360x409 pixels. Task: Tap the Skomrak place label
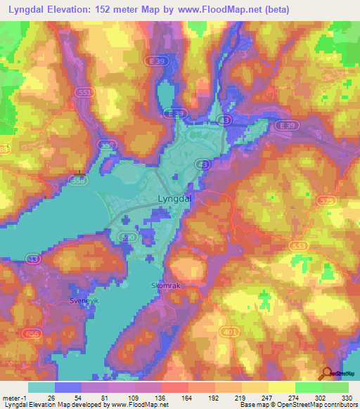tap(166, 285)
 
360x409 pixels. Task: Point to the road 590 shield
tap(129, 238)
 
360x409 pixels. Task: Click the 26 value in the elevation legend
tap(51, 398)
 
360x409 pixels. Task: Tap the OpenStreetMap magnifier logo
tap(327, 374)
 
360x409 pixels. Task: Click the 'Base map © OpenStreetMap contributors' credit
tap(298, 405)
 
